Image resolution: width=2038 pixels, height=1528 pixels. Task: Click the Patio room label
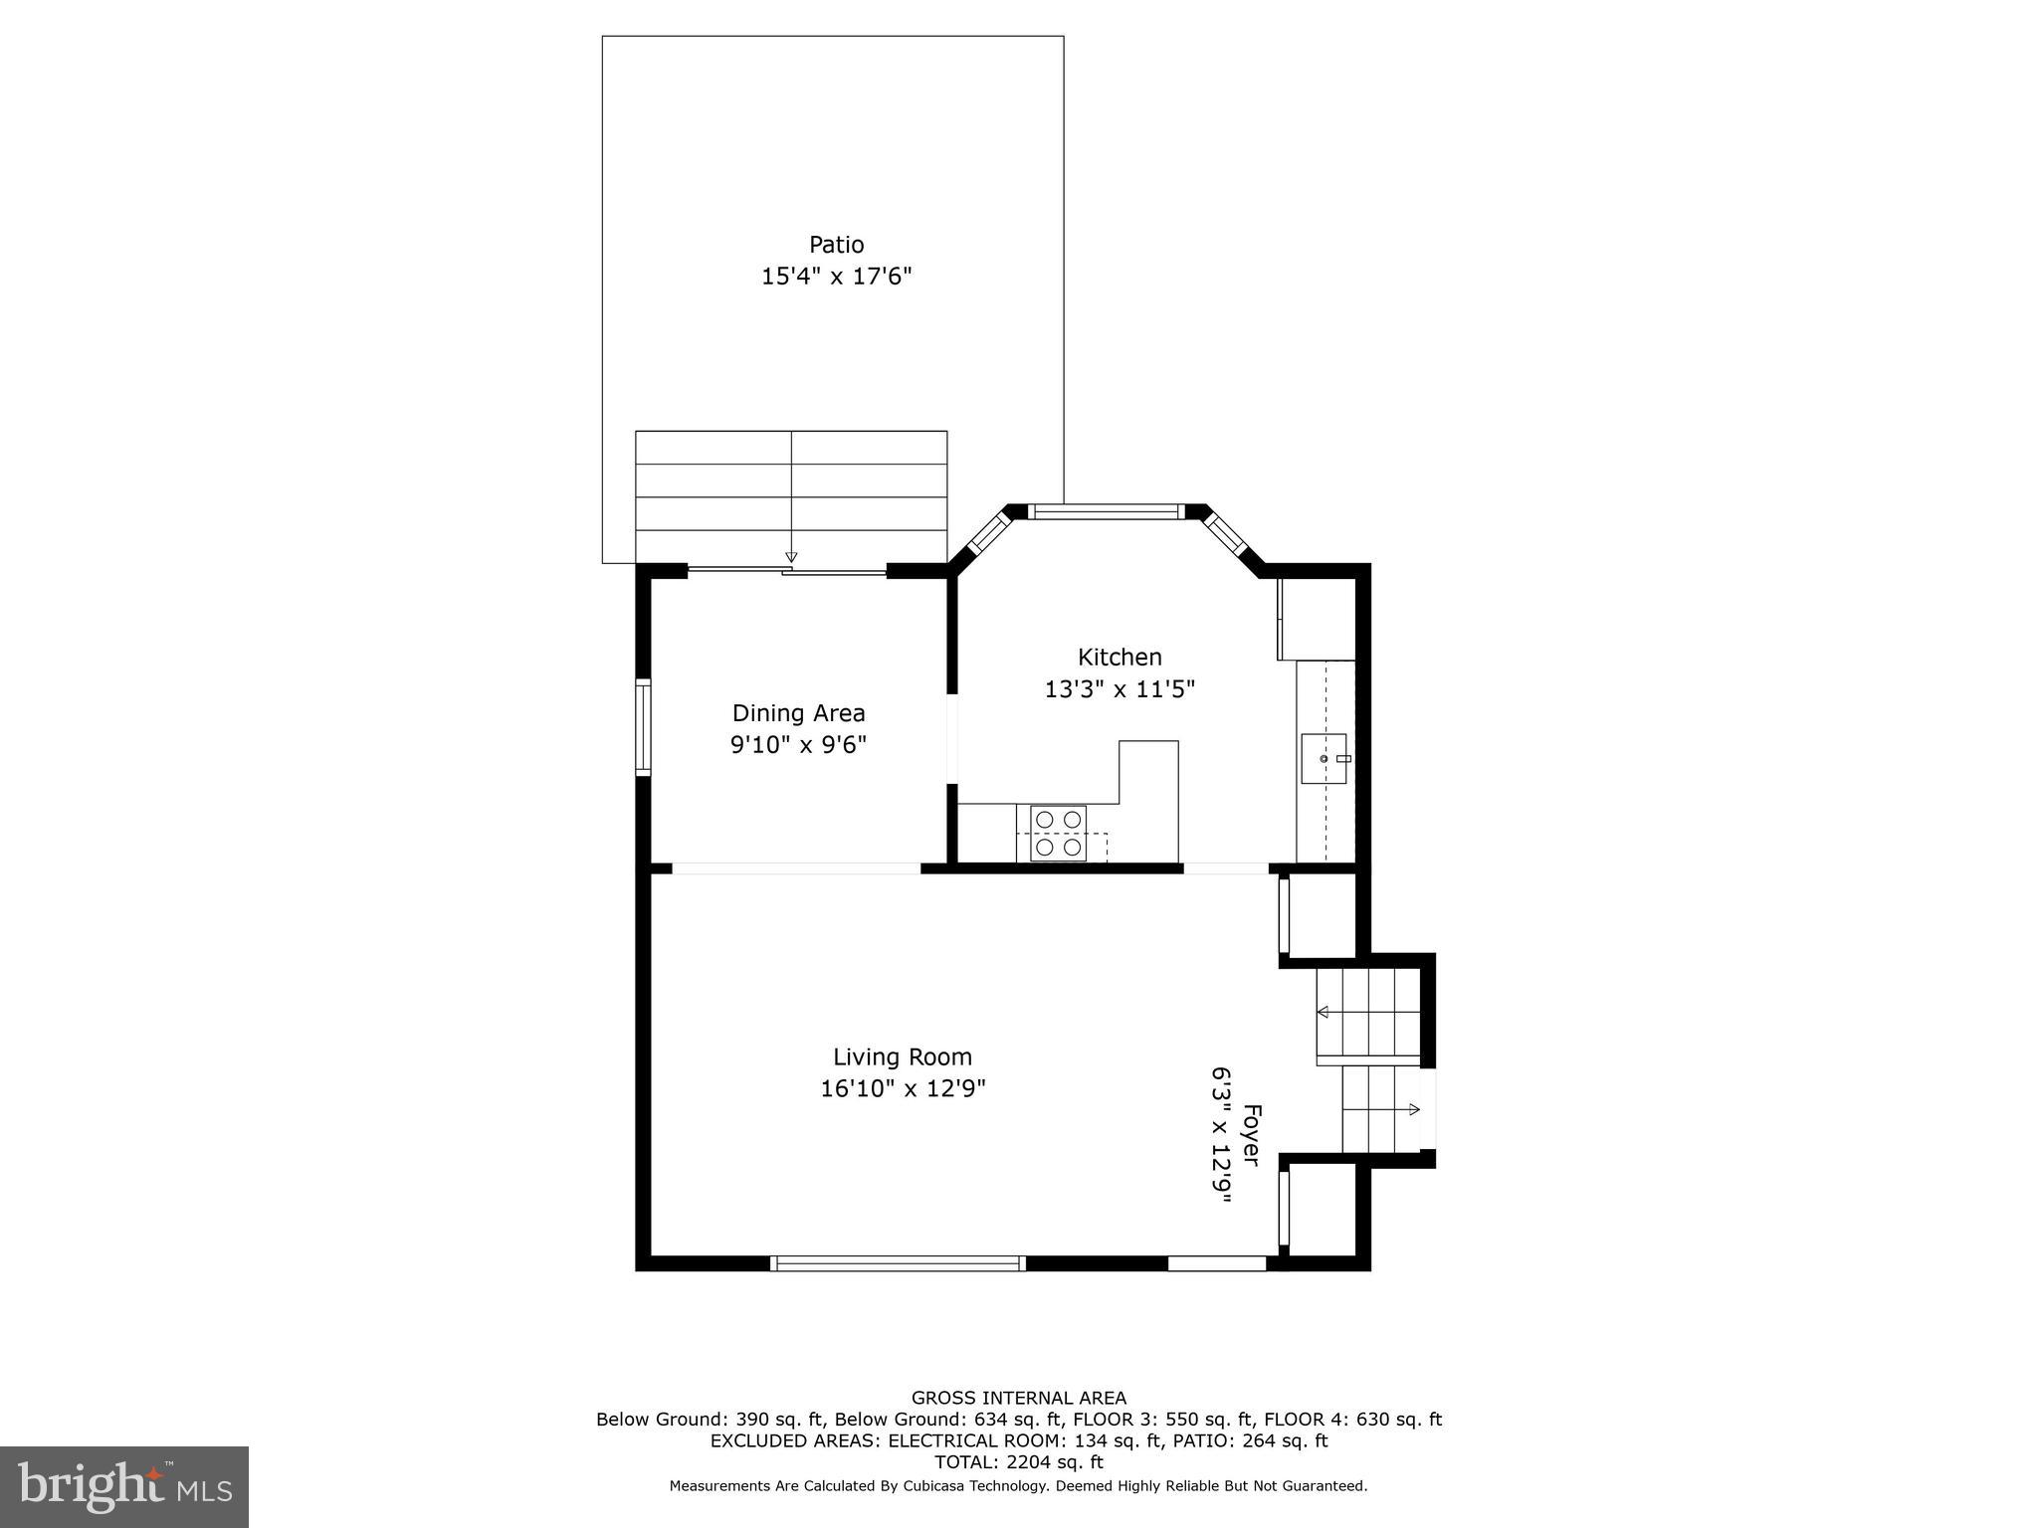point(836,245)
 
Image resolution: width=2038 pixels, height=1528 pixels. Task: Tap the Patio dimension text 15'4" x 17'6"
point(836,277)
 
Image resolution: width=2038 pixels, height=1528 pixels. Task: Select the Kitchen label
point(1120,658)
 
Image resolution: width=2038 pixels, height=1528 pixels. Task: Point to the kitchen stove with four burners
point(1058,834)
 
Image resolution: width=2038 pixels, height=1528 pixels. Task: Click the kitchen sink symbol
point(1324,759)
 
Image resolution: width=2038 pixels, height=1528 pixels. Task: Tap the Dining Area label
point(798,713)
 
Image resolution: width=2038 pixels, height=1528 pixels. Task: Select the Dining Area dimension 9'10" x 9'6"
point(798,745)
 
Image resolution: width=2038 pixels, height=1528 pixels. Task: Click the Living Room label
point(902,1057)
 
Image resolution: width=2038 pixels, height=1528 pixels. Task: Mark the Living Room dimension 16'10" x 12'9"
point(902,1089)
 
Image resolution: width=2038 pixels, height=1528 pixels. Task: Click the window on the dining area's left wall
point(643,727)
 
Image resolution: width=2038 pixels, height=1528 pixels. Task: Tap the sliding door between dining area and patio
point(786,571)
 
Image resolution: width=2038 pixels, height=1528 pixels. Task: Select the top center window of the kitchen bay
point(1105,512)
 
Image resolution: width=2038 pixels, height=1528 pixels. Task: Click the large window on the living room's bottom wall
point(898,1263)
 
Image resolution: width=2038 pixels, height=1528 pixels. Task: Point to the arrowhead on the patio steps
point(791,557)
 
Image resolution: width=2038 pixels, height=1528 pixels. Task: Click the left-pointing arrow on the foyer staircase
point(1324,1013)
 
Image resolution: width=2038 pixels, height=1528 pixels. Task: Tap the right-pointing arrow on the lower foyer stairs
point(1414,1108)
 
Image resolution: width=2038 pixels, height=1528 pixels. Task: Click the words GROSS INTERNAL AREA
point(1018,1399)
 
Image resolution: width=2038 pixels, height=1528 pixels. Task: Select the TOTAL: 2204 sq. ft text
point(1018,1462)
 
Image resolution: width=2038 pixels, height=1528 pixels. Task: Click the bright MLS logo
point(123,1486)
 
